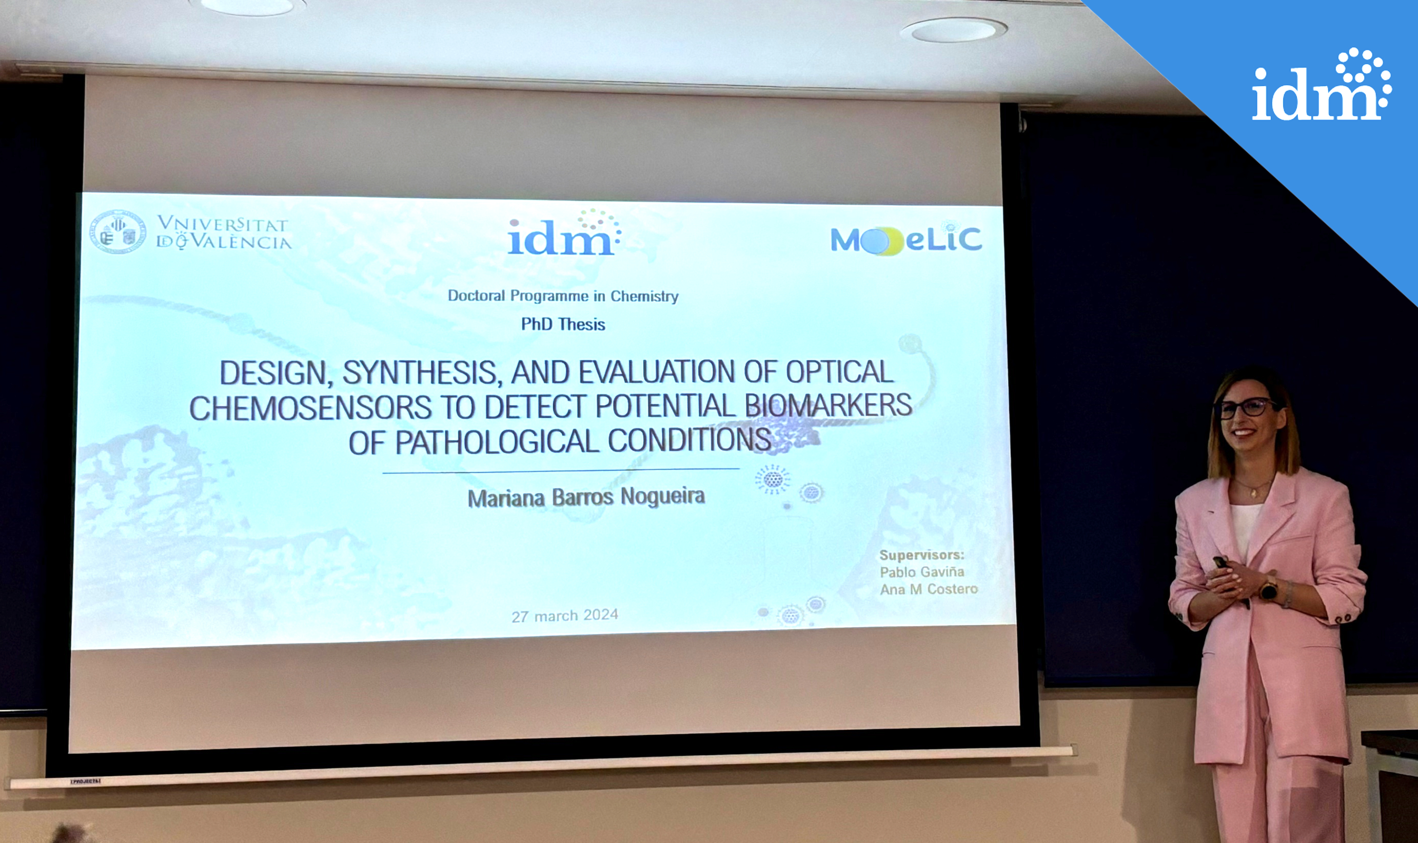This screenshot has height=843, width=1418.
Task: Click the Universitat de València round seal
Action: click(118, 232)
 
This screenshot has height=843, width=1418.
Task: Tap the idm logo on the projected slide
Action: click(564, 233)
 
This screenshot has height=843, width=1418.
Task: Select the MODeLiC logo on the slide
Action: click(907, 239)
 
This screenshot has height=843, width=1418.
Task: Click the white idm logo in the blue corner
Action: click(1322, 85)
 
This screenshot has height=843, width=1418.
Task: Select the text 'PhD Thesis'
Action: click(563, 324)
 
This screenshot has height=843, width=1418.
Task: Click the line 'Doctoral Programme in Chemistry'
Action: click(563, 296)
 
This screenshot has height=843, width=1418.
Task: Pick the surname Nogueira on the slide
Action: click(663, 496)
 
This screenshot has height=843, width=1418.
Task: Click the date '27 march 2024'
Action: click(564, 616)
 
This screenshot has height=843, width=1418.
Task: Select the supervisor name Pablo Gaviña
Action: click(922, 572)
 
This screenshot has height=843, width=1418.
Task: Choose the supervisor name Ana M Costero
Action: click(929, 590)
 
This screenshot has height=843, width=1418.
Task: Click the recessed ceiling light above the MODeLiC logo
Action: click(954, 30)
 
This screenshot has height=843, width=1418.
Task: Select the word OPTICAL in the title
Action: click(840, 372)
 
